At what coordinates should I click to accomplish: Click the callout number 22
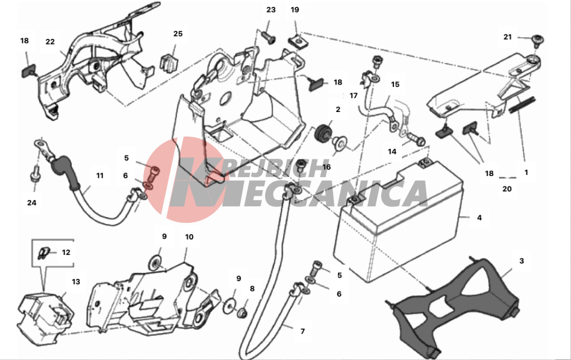50,42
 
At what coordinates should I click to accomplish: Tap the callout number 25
178,34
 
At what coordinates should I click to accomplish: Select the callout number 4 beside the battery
479,218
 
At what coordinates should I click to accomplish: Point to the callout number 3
521,261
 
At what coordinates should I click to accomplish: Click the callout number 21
508,37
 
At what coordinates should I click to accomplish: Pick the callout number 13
76,282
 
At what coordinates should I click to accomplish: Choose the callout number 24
31,203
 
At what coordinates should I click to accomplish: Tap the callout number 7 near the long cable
303,331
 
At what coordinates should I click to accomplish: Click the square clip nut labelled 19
296,40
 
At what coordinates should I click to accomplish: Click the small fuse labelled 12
43,253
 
